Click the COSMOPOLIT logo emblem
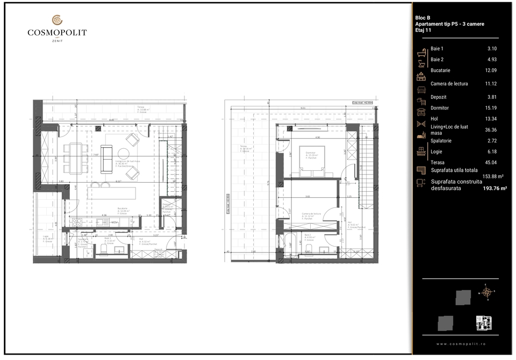(x=57, y=20)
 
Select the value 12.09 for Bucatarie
(x=491, y=70)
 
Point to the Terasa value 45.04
(x=491, y=162)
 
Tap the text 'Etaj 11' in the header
(x=423, y=31)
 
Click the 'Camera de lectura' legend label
(x=449, y=84)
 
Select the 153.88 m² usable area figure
(x=492, y=177)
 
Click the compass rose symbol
(x=487, y=292)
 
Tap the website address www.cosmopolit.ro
(x=461, y=344)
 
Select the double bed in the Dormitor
(x=311, y=161)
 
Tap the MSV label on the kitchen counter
(x=114, y=222)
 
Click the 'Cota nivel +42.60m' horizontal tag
(x=363, y=102)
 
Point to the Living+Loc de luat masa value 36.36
(x=491, y=129)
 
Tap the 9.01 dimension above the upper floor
(x=303, y=108)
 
